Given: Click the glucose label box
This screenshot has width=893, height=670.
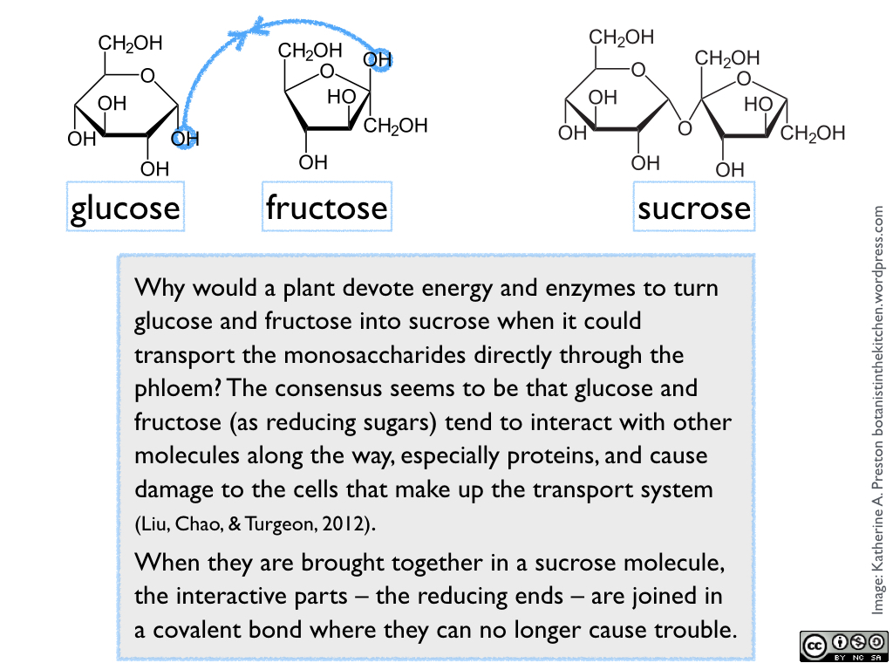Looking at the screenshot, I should (125, 207).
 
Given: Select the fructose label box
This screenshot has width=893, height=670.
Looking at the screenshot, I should (326, 207).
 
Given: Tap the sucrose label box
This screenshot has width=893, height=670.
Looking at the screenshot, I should (693, 207).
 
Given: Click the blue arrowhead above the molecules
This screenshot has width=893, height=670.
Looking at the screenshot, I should (259, 27).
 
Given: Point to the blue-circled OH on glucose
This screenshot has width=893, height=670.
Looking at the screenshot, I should (185, 138).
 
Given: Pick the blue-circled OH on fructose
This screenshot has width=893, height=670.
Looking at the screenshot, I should (378, 60).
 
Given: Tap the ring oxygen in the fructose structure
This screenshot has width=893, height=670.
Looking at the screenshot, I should (327, 72).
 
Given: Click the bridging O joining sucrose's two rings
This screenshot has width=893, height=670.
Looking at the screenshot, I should (685, 129).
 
